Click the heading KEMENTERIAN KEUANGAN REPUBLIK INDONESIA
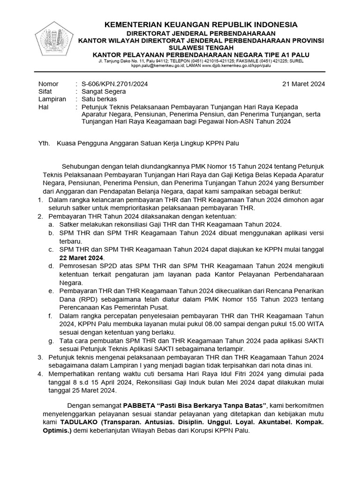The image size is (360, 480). (x=201, y=24)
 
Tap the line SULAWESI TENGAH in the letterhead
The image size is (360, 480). (x=201, y=47)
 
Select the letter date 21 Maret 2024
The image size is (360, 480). (x=304, y=84)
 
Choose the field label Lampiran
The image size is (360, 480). (x=52, y=99)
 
